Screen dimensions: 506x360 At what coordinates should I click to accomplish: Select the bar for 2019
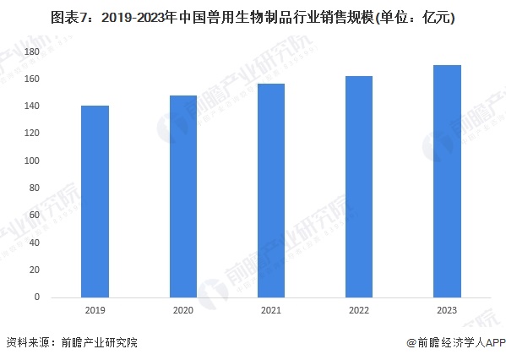coord(95,201)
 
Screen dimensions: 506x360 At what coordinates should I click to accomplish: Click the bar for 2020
coord(183,196)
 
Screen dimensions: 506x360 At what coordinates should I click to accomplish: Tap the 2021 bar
coord(271,190)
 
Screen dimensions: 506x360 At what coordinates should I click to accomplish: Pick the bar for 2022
coord(359,187)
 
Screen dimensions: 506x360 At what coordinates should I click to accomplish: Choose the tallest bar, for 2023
coord(447,181)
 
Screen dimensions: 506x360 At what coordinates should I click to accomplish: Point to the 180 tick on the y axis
coord(31,52)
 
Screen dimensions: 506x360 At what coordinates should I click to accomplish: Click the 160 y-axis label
coord(31,79)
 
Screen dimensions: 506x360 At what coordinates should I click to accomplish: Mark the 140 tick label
coord(31,106)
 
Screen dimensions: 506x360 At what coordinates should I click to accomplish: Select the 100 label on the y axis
coord(31,161)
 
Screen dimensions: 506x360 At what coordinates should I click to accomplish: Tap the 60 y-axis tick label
coord(34,215)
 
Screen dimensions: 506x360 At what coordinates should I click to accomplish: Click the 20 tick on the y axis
coord(34,270)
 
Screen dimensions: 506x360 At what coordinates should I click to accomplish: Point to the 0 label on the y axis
coord(37,297)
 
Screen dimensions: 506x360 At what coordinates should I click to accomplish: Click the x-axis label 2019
coord(95,310)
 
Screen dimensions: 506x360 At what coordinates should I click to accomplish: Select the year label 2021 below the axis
coord(271,310)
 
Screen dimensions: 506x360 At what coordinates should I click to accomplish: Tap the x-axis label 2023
coord(447,310)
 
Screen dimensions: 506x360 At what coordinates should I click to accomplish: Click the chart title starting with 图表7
coord(253,18)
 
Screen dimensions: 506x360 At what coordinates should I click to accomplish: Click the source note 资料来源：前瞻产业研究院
coord(72,342)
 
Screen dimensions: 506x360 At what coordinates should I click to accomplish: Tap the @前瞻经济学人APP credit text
coord(456,342)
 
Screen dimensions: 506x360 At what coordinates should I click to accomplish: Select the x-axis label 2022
coord(359,310)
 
